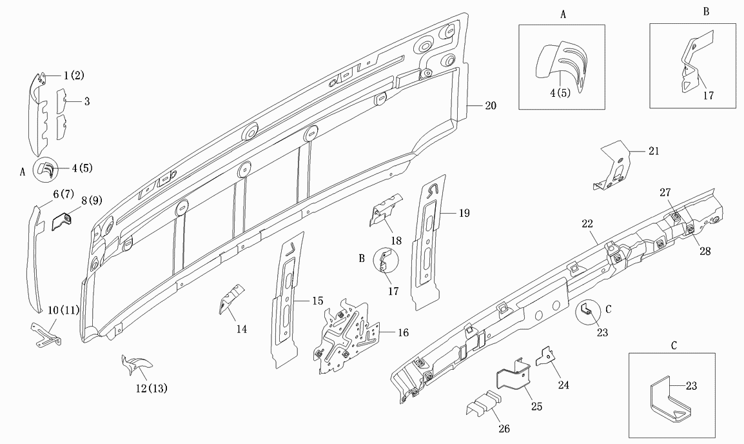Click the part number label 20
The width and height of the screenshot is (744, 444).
pos(491,105)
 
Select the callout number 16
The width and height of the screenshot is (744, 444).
pos(403,332)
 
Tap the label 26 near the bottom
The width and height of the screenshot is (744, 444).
pos(504,429)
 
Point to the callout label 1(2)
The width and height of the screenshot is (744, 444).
pos(74,75)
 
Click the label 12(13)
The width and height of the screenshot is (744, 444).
pos(152,388)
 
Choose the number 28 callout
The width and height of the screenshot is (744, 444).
pos(705,251)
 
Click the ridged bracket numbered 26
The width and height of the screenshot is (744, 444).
pos(484,403)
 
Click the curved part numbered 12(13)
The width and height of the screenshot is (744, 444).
pos(136,364)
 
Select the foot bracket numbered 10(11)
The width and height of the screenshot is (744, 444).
pos(46,334)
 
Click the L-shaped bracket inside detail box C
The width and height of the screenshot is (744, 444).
pos(668,399)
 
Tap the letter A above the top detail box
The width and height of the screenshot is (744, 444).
pos(563,15)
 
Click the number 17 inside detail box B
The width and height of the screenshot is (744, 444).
pos(709,96)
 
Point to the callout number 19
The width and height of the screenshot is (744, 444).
pos(464,213)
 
